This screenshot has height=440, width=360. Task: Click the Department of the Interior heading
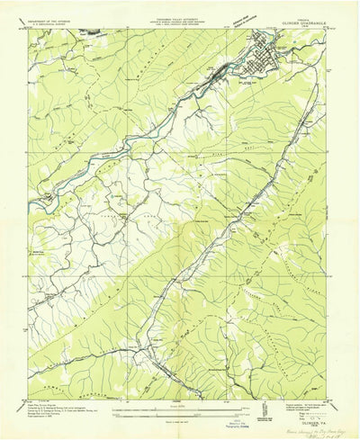[x=54, y=17]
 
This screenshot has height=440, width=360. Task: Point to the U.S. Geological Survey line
[x=54, y=22]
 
